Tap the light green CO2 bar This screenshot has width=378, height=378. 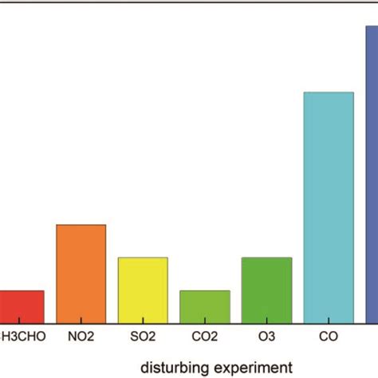pyautogui.click(x=205, y=306)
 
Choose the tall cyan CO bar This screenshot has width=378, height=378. pyautogui.click(x=329, y=207)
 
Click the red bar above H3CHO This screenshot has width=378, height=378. pyautogui.click(x=22, y=306)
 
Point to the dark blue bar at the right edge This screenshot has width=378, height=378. pyautogui.click(x=372, y=175)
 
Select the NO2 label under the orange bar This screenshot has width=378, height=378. pyautogui.click(x=81, y=337)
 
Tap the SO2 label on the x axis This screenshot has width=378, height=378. pyautogui.click(x=143, y=337)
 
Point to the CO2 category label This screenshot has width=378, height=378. pyautogui.click(x=205, y=337)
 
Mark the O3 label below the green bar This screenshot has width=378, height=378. pyautogui.click(x=266, y=337)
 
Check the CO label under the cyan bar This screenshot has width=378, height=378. pyautogui.click(x=329, y=337)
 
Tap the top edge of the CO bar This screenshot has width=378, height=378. pyautogui.click(x=329, y=93)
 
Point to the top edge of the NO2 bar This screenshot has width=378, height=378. pyautogui.click(x=81, y=225)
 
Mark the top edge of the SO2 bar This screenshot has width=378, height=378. pyautogui.click(x=143, y=258)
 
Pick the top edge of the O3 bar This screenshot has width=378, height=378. pyautogui.click(x=266, y=258)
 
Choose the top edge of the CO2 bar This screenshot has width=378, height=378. pyautogui.click(x=205, y=290)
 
